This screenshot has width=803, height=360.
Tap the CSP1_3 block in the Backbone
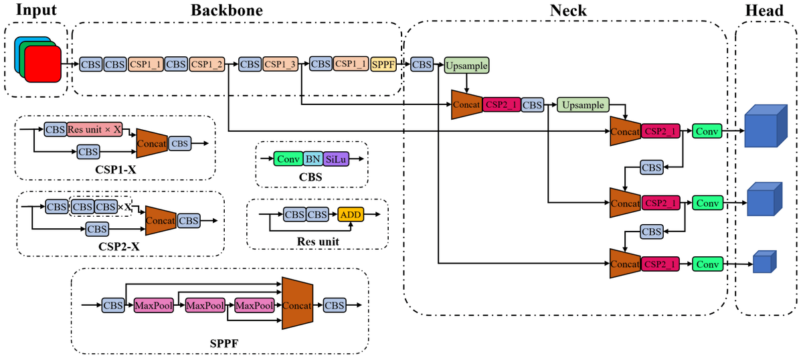pos(280,64)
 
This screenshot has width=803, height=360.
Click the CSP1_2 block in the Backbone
pos(207,64)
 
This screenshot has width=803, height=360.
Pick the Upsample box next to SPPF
pos(466,65)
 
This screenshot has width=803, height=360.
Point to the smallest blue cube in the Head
pos(762,263)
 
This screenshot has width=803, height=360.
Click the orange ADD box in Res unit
pos(351,215)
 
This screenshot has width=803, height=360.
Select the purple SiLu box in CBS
pos(335,159)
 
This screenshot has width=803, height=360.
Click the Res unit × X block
pos(94,129)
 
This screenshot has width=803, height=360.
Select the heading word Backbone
pos(226,10)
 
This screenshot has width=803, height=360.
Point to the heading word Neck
pos(568,10)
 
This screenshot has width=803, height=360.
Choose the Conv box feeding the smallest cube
pos(707,264)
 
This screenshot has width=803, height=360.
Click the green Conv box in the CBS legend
pos(288,159)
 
